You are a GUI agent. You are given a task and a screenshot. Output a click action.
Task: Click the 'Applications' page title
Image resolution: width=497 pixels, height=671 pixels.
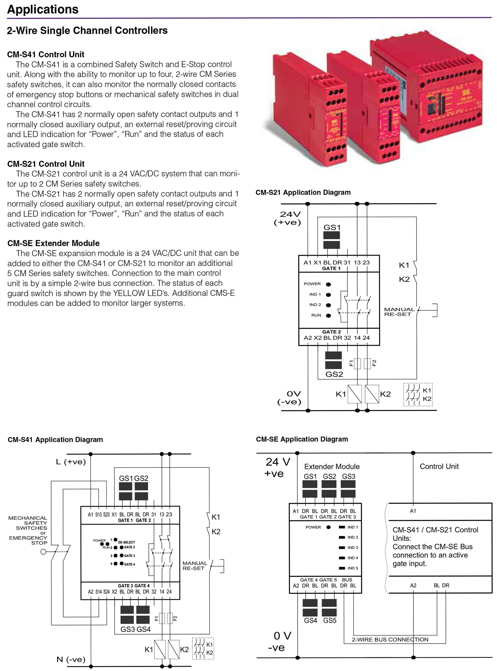tap(43, 9)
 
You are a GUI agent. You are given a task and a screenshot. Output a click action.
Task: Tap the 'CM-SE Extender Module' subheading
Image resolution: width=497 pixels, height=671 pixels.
tap(53, 243)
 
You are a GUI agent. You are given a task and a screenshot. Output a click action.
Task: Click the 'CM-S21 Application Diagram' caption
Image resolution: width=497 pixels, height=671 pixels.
tap(303, 192)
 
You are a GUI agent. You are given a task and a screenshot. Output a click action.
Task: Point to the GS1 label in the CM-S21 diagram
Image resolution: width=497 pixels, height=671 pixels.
tap(332, 227)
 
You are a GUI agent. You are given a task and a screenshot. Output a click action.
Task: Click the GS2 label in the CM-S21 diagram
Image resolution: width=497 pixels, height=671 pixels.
tap(334, 374)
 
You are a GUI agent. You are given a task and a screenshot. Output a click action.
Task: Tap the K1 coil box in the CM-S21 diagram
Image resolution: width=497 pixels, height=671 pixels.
tap(354, 394)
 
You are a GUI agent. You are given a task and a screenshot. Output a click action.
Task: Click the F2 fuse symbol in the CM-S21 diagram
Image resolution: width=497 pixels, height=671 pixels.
tap(367, 363)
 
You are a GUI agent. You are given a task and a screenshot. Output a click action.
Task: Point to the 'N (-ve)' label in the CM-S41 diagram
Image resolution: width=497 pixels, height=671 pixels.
tap(71, 660)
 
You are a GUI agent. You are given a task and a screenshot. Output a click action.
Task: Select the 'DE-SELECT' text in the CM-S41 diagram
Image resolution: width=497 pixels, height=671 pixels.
tap(126, 542)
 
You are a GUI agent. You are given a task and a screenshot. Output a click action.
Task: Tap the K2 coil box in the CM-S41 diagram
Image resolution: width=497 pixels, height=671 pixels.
tap(174, 650)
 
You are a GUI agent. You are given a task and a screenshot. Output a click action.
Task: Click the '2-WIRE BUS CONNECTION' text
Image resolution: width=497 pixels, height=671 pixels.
tap(390, 639)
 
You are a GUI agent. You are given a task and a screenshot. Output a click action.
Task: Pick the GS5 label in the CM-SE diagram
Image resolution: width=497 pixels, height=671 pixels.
tap(330, 620)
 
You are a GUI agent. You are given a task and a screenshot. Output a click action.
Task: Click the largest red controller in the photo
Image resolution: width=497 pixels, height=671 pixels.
tap(427, 90)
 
